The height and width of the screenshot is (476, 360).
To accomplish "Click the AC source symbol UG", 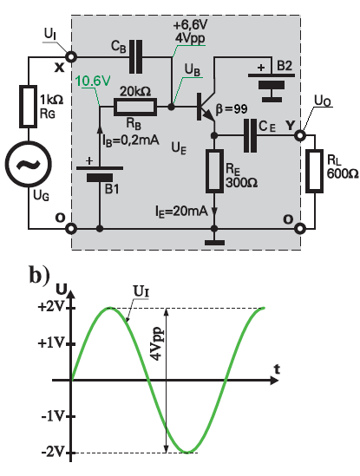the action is click(29, 163).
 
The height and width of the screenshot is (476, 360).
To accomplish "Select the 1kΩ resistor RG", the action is click(29, 107).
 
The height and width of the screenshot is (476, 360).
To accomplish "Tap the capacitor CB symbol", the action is click(135, 56).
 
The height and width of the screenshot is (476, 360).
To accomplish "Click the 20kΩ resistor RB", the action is click(135, 107).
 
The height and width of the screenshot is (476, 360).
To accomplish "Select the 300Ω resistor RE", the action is click(214, 171).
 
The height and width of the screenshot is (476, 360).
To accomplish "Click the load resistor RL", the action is click(314, 171).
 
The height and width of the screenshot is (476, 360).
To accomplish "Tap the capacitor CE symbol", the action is click(250, 135).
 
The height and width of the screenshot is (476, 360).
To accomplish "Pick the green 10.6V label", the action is click(93, 81).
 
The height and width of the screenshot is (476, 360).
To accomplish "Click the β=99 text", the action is click(232, 108).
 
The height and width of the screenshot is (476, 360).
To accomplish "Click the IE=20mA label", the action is click(181, 211).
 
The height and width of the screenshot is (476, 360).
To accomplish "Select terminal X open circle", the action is click(71, 56).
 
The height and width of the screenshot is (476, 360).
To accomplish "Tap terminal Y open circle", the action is click(300, 135).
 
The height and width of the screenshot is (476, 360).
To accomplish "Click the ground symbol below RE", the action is click(214, 242).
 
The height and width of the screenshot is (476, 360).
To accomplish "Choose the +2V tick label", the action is click(51, 307).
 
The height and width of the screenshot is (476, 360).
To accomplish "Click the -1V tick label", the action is click(53, 416).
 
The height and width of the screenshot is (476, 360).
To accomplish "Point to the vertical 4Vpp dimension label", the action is click(157, 343).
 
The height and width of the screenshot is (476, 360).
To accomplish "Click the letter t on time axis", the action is click(276, 369).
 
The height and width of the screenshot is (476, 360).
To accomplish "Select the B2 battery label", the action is click(285, 66).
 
